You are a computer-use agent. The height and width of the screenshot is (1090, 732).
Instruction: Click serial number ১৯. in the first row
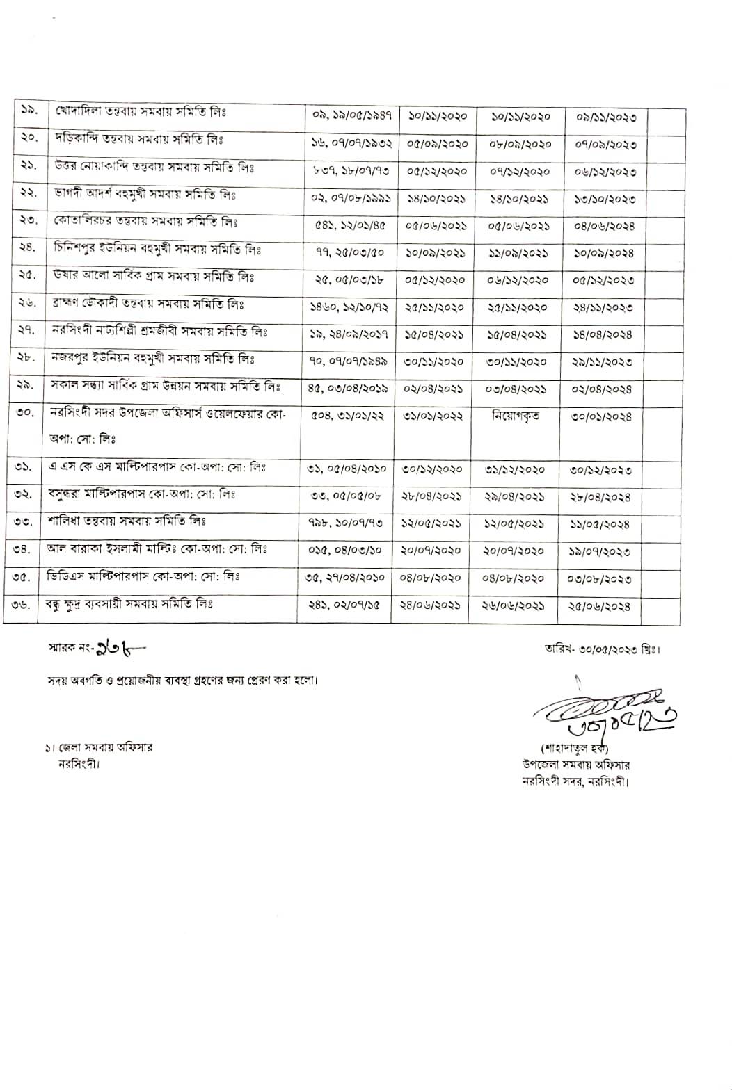coord(29,111)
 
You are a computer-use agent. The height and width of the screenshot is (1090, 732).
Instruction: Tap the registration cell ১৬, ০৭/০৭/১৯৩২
coord(351,143)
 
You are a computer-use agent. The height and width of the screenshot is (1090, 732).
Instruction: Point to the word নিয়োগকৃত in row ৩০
coord(515,416)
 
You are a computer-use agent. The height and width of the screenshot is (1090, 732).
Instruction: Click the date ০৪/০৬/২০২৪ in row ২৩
coord(604,226)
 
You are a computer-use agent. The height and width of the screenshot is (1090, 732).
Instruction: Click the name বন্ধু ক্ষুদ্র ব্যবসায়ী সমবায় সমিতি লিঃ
coord(129,604)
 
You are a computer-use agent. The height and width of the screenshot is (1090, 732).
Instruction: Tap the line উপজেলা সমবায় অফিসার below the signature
coord(576,765)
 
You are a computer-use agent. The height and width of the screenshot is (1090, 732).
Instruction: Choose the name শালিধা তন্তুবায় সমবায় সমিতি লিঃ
coord(127,521)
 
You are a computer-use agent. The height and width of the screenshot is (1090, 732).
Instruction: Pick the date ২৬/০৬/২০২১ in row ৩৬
coord(514,605)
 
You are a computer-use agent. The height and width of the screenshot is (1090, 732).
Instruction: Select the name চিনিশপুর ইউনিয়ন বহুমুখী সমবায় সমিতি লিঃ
coord(157,249)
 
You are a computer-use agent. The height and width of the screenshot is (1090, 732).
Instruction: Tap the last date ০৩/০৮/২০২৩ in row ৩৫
coord(603,578)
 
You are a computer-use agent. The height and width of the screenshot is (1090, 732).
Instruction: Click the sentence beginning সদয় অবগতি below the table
coord(183,680)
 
